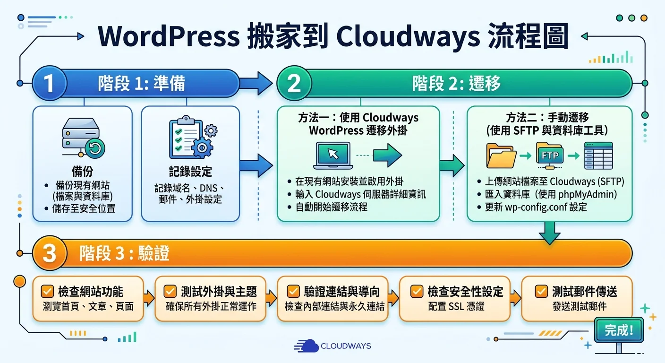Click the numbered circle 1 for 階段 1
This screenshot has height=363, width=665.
[x=49, y=84]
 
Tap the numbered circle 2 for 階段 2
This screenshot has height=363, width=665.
[x=294, y=84]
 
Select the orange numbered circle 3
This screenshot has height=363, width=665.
[x=49, y=254]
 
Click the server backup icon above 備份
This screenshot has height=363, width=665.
[x=83, y=138]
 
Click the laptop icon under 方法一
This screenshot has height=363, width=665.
[x=333, y=156]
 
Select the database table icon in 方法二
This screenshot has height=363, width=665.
[x=598, y=155]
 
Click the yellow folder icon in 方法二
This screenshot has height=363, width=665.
[x=501, y=156]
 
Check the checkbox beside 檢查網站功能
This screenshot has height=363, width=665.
[x=48, y=291]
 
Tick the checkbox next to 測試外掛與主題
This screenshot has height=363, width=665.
[x=171, y=291]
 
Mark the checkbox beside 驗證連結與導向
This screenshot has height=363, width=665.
[x=293, y=291]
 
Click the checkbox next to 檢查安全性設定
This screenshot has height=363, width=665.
[x=417, y=291]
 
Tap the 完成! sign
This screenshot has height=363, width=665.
[x=619, y=330]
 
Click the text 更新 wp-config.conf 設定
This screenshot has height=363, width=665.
[x=536, y=207]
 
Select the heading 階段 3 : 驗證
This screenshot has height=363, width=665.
[x=124, y=254]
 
